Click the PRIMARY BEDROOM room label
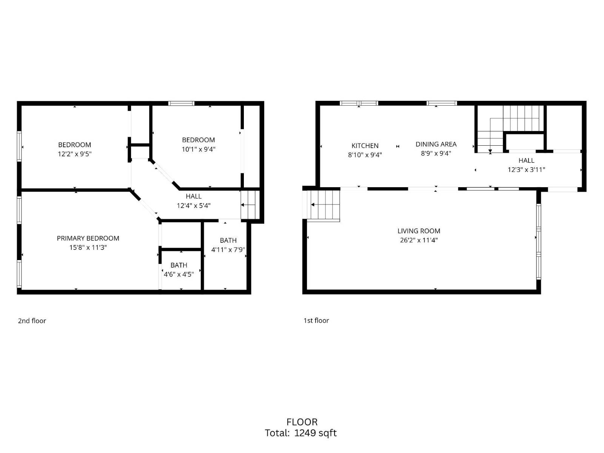[x=88, y=238]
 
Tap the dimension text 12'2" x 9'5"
[x=75, y=154]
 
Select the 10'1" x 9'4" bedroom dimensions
[x=199, y=149]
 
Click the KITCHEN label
[x=365, y=146]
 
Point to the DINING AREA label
[x=436, y=144]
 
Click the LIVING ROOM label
[x=419, y=231]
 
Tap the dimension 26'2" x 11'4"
[x=419, y=240]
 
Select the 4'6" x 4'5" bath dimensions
[x=179, y=274]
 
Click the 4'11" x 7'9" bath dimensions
[x=228, y=250]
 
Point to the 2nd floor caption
[x=32, y=321]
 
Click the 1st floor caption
[x=316, y=320]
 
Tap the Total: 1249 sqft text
[x=301, y=433]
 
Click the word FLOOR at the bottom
[x=302, y=422]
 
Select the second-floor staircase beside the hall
[x=250, y=205]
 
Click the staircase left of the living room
[x=324, y=205]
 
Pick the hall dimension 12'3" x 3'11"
[x=526, y=169]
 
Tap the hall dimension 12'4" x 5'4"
[x=194, y=206]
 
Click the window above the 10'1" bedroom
[x=181, y=103]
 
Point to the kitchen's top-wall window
[x=359, y=103]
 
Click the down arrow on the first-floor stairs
[x=490, y=152]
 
